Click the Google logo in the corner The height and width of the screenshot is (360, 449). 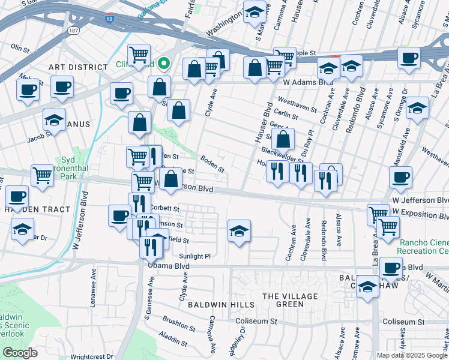pyautogui.click(x=20, y=353)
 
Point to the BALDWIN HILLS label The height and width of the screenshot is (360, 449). pyautogui.click(x=212, y=305)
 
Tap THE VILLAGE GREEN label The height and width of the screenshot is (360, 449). pyautogui.click(x=289, y=300)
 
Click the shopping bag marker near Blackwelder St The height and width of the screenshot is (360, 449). pyautogui.click(x=282, y=140)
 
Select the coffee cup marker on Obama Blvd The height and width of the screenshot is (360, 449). pyautogui.click(x=391, y=268)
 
